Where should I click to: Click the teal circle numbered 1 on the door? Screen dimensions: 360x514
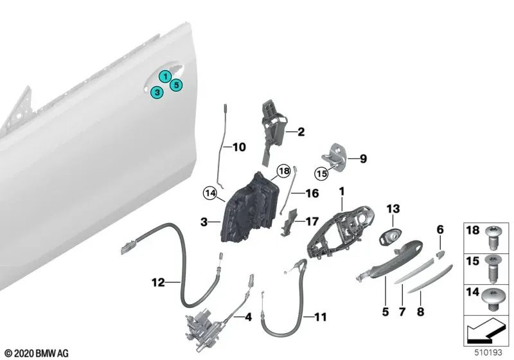click(x=166, y=76)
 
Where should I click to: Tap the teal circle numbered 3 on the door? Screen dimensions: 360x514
click(x=156, y=93)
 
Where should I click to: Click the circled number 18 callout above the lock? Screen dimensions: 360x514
click(x=283, y=171)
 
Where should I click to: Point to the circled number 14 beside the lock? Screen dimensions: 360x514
click(x=209, y=191)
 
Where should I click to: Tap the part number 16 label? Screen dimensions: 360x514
click(x=312, y=192)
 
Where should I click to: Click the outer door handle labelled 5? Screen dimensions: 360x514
click(x=385, y=257)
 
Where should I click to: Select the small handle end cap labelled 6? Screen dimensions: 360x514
click(x=440, y=253)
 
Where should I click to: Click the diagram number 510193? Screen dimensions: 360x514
click(x=493, y=352)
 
